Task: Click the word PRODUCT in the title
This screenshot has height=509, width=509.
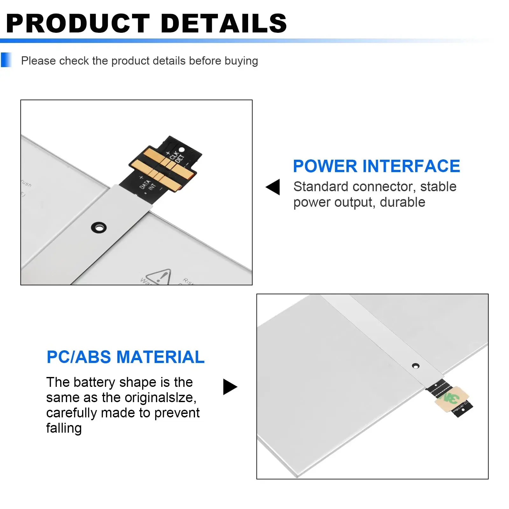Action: pyautogui.click(x=78, y=24)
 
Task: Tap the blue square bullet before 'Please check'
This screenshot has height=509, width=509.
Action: pyautogui.click(x=6, y=60)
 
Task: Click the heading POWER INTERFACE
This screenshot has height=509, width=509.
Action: pyautogui.click(x=376, y=166)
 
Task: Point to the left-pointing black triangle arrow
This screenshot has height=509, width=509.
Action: pyautogui.click(x=274, y=187)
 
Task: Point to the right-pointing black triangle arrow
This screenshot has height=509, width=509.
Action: pyautogui.click(x=230, y=387)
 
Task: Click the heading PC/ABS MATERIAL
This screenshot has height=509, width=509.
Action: pyautogui.click(x=125, y=357)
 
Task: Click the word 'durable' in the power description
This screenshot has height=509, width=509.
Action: pyautogui.click(x=402, y=202)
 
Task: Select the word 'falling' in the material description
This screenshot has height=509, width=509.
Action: pyautogui.click(x=64, y=428)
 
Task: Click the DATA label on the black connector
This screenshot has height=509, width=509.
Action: pyautogui.click(x=145, y=184)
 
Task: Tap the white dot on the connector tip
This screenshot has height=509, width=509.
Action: pyautogui.click(x=182, y=150)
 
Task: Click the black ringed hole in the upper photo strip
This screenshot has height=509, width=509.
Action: pyautogui.click(x=99, y=227)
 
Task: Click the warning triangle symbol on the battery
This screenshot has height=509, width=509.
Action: pyautogui.click(x=159, y=277)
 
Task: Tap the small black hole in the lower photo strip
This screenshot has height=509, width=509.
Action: pyautogui.click(x=415, y=366)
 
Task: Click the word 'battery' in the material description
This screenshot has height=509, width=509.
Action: pyautogui.click(x=94, y=382)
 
